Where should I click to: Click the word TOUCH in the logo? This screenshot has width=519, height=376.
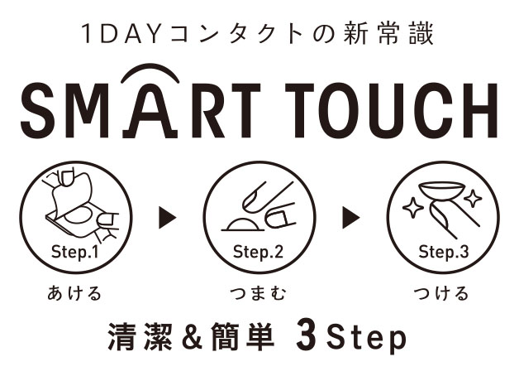click(392, 111)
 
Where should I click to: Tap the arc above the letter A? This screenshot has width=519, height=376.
click(150, 68)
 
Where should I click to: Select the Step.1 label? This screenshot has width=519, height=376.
click(75, 252)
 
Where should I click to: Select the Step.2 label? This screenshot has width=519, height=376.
click(258, 252)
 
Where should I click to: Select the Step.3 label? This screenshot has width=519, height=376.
click(444, 252)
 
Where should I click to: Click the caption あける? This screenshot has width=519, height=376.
click(74, 293)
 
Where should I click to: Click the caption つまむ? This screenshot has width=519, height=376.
click(258, 293)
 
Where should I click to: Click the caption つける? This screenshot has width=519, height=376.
click(441, 293)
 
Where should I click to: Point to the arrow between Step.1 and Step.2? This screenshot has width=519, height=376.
click(167, 218)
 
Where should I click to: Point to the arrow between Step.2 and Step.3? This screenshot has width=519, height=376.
click(351, 218)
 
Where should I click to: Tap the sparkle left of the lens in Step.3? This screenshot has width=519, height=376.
click(412, 208)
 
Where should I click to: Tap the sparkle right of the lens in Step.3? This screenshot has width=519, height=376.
click(473, 198)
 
